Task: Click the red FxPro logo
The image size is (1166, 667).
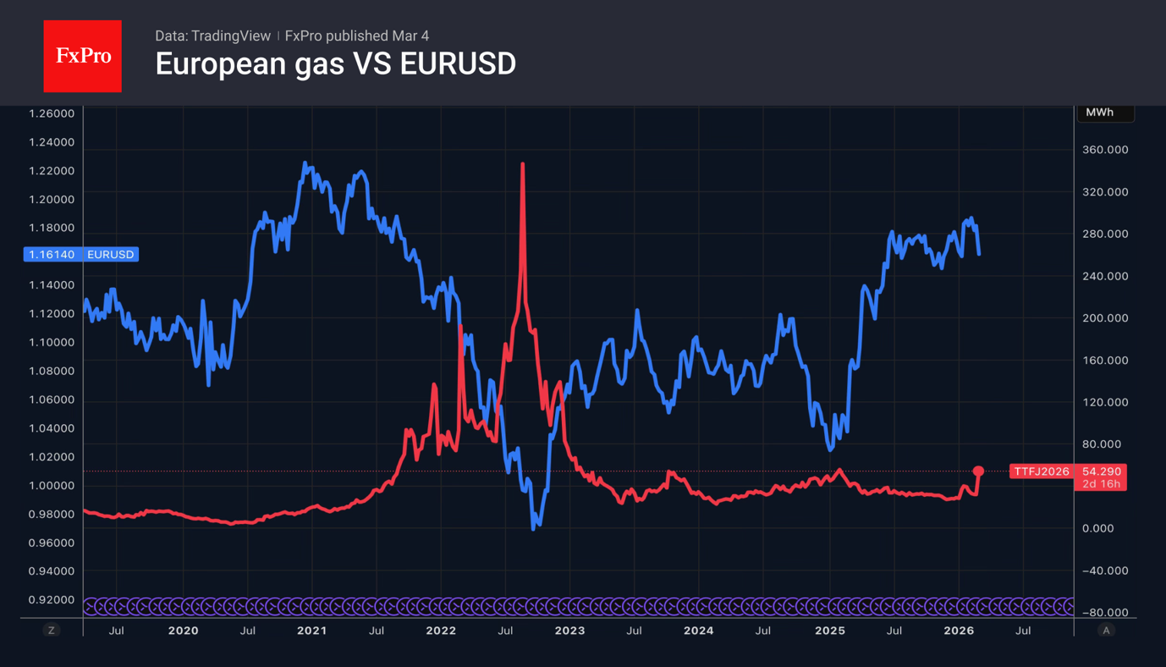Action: click(x=82, y=56)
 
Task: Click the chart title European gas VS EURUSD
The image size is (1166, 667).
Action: click(x=335, y=64)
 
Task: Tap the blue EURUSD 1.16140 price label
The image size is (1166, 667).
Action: click(x=81, y=255)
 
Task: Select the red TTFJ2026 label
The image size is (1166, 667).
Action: click(x=1042, y=471)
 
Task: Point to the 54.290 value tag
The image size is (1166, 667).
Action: click(x=1101, y=471)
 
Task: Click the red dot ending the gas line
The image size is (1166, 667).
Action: click(x=978, y=471)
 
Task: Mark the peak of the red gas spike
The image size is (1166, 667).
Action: click(x=523, y=164)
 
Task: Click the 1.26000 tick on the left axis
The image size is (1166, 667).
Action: click(x=52, y=113)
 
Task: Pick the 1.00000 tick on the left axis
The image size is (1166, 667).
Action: click(x=52, y=486)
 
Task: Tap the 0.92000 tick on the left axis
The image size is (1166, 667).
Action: click(x=52, y=600)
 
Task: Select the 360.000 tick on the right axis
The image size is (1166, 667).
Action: click(x=1105, y=150)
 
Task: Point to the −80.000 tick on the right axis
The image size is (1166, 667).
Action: click(x=1105, y=613)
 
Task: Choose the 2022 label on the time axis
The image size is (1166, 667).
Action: click(x=441, y=631)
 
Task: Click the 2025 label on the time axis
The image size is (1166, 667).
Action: click(x=829, y=631)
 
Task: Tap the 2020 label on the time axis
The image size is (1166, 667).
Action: click(x=183, y=631)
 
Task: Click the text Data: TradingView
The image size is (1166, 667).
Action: click(x=212, y=36)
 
